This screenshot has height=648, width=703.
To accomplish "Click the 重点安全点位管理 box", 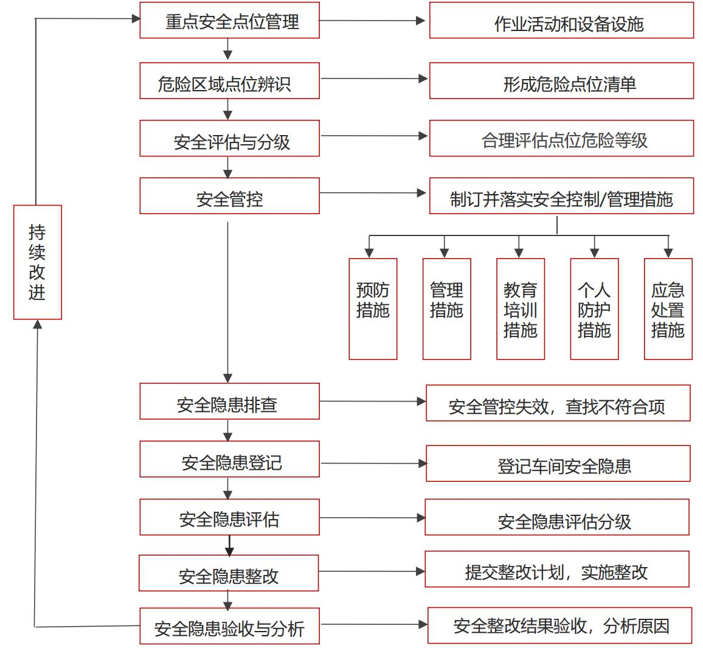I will point(229,21).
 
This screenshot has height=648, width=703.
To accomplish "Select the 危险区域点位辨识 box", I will point(229,81).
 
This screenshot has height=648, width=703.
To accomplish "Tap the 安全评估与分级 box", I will point(229,138).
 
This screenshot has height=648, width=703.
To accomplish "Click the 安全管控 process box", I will point(229,196).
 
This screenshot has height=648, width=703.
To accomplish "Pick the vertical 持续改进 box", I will point(38,262).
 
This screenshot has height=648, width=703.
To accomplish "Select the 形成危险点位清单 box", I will point(561,81).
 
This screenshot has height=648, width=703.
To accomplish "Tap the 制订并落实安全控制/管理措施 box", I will point(561,196).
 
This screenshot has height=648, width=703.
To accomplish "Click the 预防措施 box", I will point(373,309).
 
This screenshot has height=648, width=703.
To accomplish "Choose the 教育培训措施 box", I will point(521,309).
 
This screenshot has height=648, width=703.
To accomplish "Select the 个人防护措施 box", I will point(594,309).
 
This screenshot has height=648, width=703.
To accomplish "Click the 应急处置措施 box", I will point(668,309).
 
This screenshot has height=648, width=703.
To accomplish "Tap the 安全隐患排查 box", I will point(229,402).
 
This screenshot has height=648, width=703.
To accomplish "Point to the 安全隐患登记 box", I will point(229,459).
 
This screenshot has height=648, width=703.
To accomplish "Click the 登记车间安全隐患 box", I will point(558,464).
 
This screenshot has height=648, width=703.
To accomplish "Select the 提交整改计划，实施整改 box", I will point(557,570).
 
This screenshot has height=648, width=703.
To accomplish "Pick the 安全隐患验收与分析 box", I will point(229,625).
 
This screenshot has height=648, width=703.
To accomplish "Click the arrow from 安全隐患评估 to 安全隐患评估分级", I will point(372,518).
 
